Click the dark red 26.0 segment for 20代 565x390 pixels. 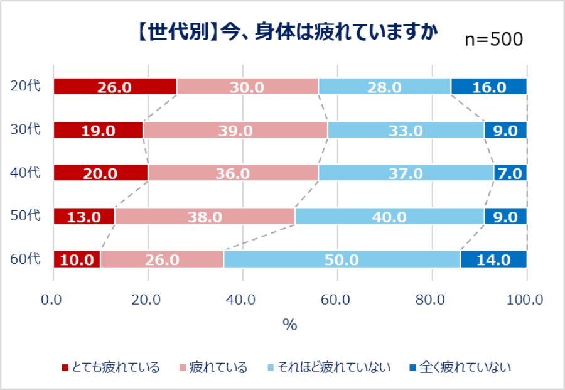[115, 87]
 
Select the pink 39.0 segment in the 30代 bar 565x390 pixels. [235, 130]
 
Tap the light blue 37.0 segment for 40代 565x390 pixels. [406, 173]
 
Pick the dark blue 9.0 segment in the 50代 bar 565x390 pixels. [505, 217]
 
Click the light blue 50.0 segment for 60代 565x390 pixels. [342, 259]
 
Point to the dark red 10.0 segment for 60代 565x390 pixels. [77, 259]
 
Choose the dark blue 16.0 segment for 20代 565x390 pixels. [489, 87]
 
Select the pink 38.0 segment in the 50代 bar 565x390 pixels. [205, 217]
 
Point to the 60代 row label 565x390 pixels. [26, 258]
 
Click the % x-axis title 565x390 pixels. [289, 325]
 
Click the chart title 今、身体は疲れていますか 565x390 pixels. [286, 31]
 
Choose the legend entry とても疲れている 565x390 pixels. [110, 367]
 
